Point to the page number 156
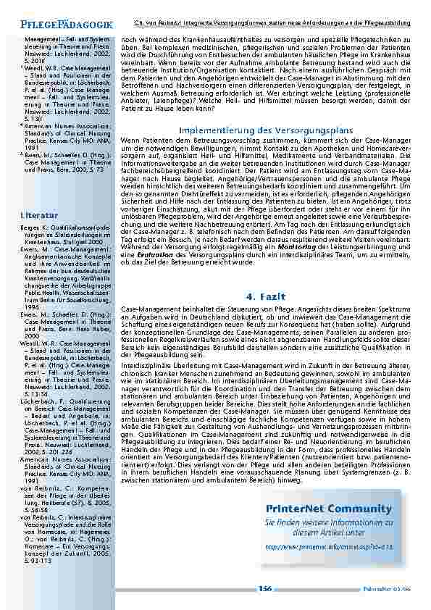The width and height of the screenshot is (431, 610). pos(265,589)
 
